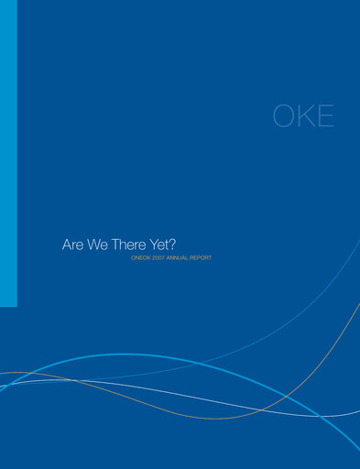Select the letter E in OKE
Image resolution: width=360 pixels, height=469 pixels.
click(x=323, y=116)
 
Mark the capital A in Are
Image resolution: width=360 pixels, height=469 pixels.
click(x=66, y=245)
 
